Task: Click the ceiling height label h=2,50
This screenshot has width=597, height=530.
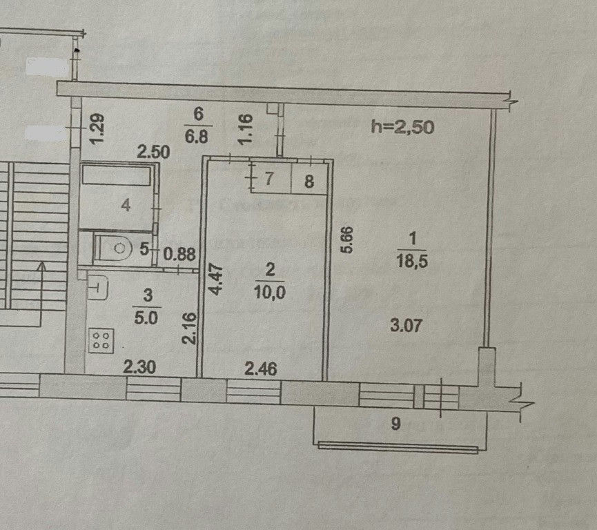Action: tap(402, 126)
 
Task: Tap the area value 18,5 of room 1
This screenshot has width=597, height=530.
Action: tap(412, 262)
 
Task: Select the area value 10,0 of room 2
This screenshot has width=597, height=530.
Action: tap(270, 293)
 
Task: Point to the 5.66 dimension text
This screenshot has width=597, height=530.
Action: tap(348, 239)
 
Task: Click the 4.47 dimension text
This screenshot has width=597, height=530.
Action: tap(216, 279)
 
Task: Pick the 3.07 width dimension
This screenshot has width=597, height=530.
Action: tap(407, 326)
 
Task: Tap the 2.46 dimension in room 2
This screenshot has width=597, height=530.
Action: tap(261, 369)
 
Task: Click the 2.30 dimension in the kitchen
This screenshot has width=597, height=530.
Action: tap(139, 367)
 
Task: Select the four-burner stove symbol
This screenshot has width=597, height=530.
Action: tap(101, 340)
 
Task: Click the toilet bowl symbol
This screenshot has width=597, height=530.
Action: tap(112, 248)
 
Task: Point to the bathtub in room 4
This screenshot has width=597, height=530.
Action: tap(116, 175)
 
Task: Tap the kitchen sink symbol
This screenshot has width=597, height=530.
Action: tap(98, 288)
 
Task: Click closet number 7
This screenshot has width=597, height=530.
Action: tap(268, 178)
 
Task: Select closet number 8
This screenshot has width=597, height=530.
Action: tap(309, 181)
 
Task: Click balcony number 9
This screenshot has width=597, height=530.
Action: tap(396, 424)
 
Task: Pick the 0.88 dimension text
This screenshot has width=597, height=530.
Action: tap(179, 254)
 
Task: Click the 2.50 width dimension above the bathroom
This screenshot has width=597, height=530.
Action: tap(153, 153)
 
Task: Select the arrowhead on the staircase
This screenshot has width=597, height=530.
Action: tap(42, 266)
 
